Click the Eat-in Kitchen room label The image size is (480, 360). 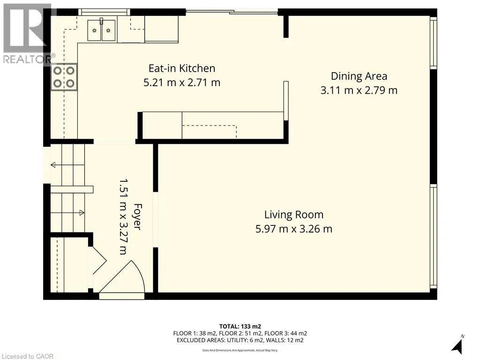(182, 68)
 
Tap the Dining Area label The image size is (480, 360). (359, 76)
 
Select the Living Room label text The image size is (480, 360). (294, 215)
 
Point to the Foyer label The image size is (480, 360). (137, 216)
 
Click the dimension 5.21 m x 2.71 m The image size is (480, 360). (182, 83)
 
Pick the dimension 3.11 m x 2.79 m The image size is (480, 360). (359, 90)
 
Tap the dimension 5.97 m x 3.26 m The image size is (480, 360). (294, 229)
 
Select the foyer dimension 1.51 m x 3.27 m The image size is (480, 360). (123, 216)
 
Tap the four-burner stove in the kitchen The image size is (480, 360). (64, 77)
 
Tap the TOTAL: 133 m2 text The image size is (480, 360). (240, 326)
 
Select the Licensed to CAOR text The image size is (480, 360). (28, 356)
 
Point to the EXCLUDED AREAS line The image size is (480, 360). (240, 340)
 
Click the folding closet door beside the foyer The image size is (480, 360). (97, 260)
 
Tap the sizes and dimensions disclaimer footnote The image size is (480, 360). (240, 350)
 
